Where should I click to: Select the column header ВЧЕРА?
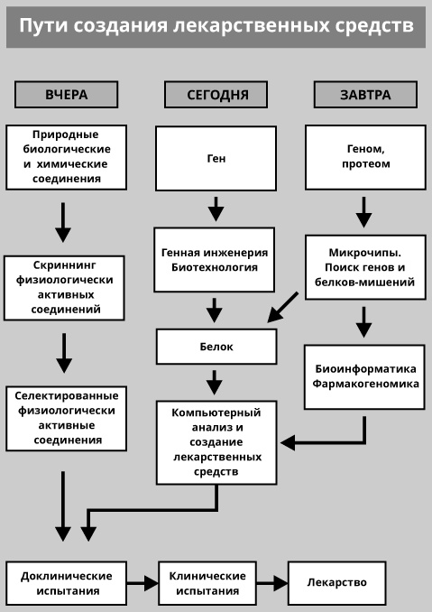point(66,94)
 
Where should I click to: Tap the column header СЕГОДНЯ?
point(216,94)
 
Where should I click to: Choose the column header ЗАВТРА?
point(365,94)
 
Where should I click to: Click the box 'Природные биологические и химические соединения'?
point(66,157)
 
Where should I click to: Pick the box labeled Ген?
point(216,158)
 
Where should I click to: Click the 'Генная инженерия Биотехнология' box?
point(215,260)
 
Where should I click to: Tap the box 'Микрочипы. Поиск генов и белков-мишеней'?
point(364,268)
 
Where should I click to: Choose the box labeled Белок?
point(216,347)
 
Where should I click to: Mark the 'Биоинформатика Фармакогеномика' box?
point(365,376)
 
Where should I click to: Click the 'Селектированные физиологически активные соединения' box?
point(66,418)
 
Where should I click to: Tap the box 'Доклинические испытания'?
point(66,583)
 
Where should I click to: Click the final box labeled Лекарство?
point(336,583)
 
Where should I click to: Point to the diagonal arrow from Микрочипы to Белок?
point(284,307)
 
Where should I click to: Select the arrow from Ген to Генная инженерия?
point(216,209)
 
